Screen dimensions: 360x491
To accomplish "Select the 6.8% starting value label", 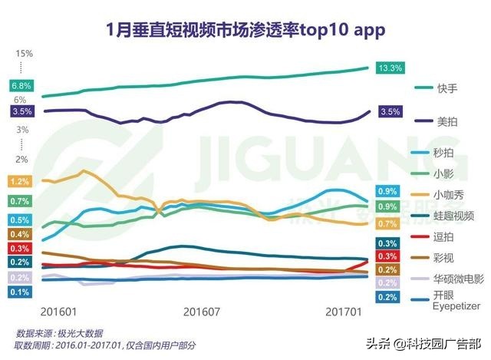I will point(21,85).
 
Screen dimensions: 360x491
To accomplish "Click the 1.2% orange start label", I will point(20,182).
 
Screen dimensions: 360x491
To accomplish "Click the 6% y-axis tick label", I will point(20,100).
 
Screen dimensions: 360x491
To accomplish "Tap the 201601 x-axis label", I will point(58,312).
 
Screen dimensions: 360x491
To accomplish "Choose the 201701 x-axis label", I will point(343,312).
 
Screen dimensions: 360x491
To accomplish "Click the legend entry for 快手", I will point(446,88).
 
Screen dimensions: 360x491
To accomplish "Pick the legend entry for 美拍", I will point(446,121).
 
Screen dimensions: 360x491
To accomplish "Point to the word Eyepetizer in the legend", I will point(456,306).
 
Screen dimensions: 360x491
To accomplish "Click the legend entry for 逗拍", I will point(446,235).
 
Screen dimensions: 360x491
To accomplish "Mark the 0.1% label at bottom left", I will point(20,292).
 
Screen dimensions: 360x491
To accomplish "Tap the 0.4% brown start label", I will point(20,234).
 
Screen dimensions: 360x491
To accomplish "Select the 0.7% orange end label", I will point(387,223).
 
